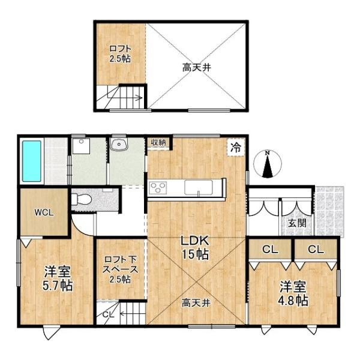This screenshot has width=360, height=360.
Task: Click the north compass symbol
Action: click(x=268, y=164)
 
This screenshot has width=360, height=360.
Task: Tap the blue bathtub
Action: click(x=31, y=161)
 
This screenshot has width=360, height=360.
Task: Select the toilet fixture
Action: click(x=82, y=199)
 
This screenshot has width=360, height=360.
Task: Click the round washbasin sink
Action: click(x=119, y=145)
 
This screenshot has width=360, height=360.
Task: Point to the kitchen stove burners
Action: click(x=159, y=188)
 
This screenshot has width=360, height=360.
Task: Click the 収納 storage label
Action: click(x=158, y=142)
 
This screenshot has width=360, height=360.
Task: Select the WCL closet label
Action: click(x=43, y=212)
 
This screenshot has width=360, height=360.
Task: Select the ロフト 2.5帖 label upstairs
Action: click(x=119, y=53)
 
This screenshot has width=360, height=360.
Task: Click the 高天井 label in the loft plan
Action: click(x=197, y=68)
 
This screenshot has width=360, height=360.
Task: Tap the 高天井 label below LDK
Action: click(x=196, y=304)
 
